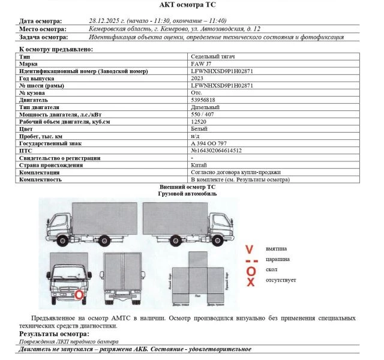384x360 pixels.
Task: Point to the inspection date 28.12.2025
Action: click(x=104, y=20)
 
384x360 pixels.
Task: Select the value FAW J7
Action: click(x=203, y=63)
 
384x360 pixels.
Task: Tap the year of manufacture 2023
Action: click(x=197, y=78)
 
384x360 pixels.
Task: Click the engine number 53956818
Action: click(x=203, y=100)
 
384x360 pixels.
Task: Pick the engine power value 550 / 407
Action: click(x=202, y=114)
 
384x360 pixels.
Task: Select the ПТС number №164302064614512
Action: click(x=217, y=150)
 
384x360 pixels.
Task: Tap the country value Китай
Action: click(x=200, y=164)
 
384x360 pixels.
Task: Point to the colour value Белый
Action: click(x=199, y=128)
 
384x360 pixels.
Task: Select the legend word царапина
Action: click(x=277, y=259)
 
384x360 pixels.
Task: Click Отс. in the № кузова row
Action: click(x=196, y=92)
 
